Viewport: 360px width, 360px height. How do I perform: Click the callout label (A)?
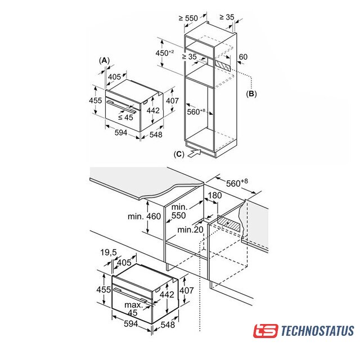coord(105,61)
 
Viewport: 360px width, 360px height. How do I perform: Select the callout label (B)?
coord(251,94)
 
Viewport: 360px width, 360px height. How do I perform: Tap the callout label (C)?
coord(179,154)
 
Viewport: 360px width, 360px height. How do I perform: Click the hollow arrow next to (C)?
coord(194,153)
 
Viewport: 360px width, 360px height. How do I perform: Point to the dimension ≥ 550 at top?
coord(188,18)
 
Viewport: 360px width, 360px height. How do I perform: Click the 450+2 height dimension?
coord(165,53)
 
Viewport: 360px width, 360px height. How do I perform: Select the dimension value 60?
coord(243,57)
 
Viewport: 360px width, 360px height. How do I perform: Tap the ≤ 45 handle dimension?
coord(125,118)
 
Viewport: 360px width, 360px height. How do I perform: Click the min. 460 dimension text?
coord(144,216)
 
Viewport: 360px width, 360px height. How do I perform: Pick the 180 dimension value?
coord(215,195)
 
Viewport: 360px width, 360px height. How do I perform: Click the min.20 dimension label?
coord(190,229)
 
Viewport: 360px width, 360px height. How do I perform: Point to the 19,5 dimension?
coord(109,253)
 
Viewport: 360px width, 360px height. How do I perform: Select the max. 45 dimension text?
coord(134,309)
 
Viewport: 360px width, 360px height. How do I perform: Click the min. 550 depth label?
coord(179,211)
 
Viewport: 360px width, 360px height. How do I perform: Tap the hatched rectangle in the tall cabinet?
coord(223,65)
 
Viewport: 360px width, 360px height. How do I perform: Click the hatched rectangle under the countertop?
coord(229,223)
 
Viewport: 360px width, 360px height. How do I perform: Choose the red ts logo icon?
coord(265,331)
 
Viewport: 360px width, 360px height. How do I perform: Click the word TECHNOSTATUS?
coord(317,331)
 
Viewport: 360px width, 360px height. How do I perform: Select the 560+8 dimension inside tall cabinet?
coord(196,112)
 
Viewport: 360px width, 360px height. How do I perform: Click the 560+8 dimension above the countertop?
coord(237,183)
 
